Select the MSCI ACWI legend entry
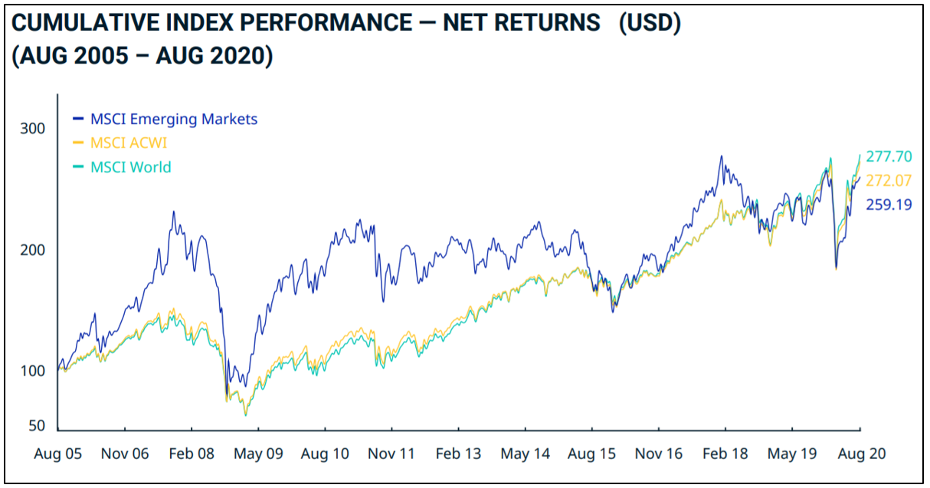click(129, 143)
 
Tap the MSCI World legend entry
click(131, 167)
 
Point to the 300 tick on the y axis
click(32, 129)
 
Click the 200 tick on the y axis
click(32, 251)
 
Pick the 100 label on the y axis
click(32, 372)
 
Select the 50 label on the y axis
click(36, 427)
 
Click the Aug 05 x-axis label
click(58, 454)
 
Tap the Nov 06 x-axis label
click(125, 454)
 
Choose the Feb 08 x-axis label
click(191, 454)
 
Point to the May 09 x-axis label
click(258, 454)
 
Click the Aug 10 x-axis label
click(325, 454)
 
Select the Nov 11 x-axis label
click(391, 454)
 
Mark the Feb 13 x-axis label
click(458, 454)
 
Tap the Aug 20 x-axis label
click(861, 454)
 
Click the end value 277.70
click(889, 156)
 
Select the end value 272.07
click(889, 181)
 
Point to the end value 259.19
click(889, 205)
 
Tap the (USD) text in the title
click(650, 23)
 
